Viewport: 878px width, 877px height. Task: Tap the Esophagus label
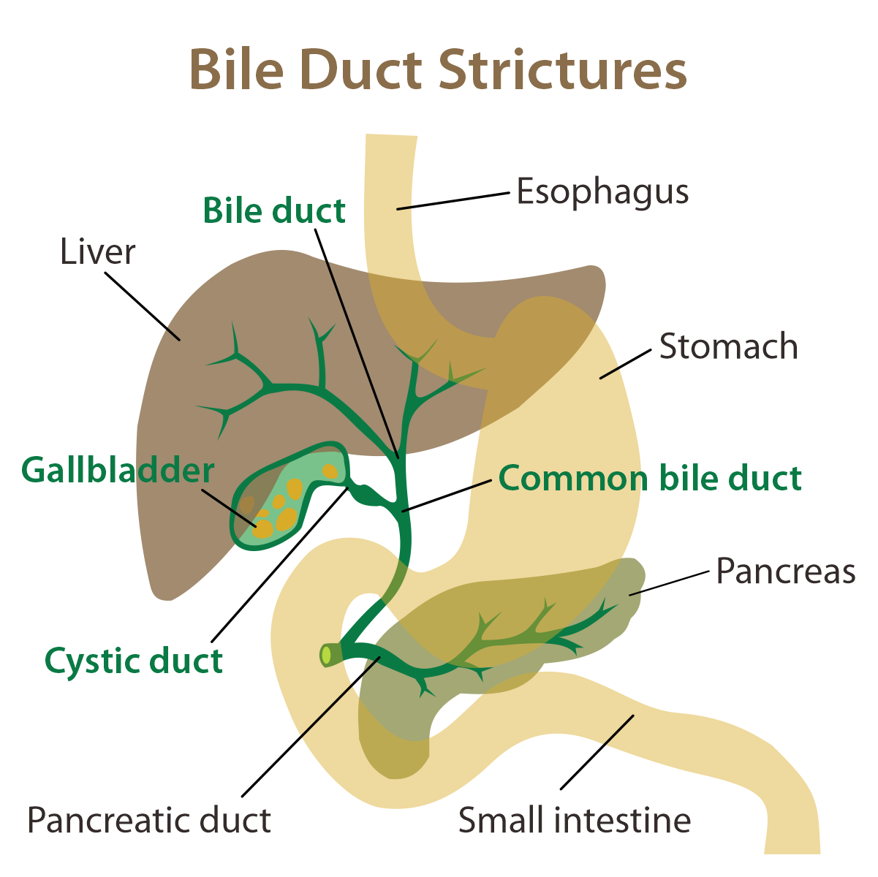(602, 192)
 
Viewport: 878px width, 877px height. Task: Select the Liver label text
(97, 252)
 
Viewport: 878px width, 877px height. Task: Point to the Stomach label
(728, 346)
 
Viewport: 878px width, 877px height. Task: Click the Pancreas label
(785, 571)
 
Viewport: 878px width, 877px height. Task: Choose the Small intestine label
(575, 820)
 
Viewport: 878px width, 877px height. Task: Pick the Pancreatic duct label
(149, 820)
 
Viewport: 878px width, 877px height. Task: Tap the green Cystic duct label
(134, 661)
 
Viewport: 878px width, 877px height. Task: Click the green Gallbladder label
(118, 470)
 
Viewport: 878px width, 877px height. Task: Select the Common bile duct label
(650, 479)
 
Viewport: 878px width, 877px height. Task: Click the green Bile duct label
(274, 211)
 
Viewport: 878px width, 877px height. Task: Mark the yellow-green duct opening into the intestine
(326, 656)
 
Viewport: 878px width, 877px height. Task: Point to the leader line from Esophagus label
(453, 201)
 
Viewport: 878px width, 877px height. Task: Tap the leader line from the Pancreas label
(670, 582)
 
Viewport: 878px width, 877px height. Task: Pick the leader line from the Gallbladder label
(229, 508)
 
